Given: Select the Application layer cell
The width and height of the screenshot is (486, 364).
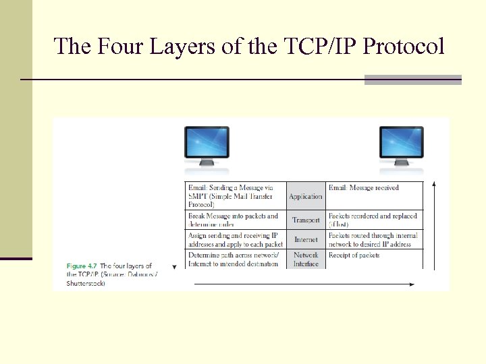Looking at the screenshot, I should [x=306, y=196].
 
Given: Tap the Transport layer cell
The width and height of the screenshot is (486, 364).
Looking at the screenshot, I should [x=306, y=220].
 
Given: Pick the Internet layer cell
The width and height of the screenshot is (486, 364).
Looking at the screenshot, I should [x=306, y=240].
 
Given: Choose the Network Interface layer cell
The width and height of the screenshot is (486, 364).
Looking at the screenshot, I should [x=306, y=260].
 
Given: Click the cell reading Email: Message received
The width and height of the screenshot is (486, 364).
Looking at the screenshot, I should [x=375, y=195].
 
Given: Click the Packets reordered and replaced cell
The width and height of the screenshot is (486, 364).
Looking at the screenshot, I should [x=375, y=220].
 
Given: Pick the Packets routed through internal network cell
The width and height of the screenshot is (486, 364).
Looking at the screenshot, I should [x=375, y=240].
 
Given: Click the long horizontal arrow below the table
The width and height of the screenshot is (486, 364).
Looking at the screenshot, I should [x=304, y=284].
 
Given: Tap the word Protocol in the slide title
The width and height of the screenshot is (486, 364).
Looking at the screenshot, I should [x=404, y=47].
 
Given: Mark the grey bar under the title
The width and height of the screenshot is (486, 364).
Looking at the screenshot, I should [x=412, y=80].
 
